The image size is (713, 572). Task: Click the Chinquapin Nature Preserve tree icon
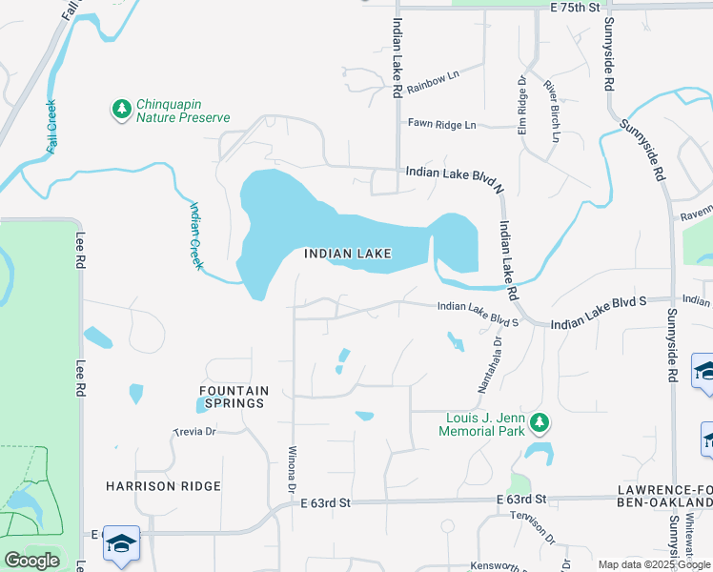[x=121, y=110]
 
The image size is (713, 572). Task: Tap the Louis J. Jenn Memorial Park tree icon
[x=540, y=421]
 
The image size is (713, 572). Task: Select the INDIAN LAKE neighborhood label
[x=347, y=254]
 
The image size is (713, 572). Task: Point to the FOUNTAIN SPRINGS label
[x=234, y=397]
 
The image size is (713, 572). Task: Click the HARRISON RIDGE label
[x=164, y=486]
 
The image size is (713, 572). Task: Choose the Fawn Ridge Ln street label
[x=441, y=124]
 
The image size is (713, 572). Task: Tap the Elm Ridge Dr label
[x=522, y=105]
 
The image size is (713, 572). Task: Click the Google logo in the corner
[x=31, y=561]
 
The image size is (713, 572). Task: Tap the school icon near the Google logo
[x=121, y=545]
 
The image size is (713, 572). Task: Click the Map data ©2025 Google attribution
[x=653, y=564]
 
